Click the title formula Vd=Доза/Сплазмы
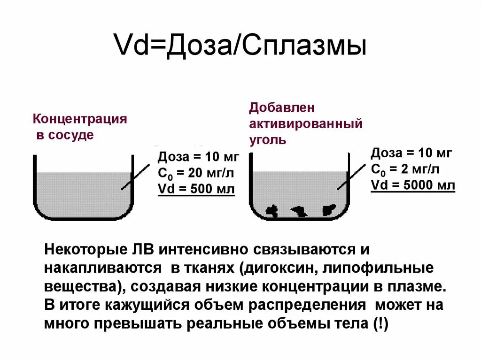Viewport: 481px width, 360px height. click(x=240, y=46)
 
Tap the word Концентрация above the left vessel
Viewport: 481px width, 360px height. click(x=80, y=119)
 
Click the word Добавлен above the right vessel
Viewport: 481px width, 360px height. click(x=282, y=107)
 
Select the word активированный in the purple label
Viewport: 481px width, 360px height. click(x=306, y=124)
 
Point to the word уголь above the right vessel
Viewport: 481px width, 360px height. click(x=268, y=140)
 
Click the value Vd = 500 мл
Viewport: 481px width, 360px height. click(x=196, y=189)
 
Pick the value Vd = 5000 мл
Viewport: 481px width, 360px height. click(x=413, y=185)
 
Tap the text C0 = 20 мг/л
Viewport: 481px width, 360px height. click(x=196, y=173)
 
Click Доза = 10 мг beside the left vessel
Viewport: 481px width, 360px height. click(x=198, y=157)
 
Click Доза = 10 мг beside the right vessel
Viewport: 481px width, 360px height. click(x=411, y=153)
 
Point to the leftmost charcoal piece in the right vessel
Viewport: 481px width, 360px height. click(x=272, y=210)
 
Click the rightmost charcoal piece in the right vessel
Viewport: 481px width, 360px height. click(x=328, y=209)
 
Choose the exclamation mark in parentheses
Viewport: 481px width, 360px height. click(x=379, y=324)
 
